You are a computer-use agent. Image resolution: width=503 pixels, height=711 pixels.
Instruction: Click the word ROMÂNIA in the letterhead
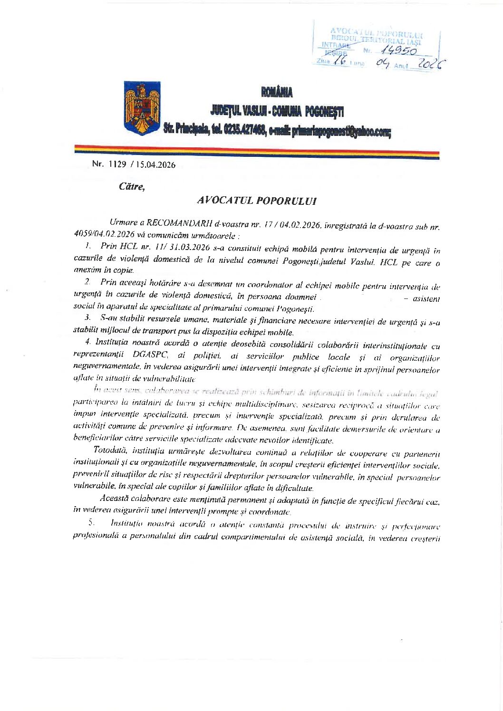[x=276, y=92]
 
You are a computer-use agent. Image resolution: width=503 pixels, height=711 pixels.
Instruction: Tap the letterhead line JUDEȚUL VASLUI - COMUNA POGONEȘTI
[x=277, y=111]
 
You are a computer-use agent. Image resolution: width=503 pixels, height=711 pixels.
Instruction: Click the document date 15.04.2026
[x=155, y=165]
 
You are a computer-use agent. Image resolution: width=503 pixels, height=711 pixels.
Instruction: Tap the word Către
[x=131, y=186]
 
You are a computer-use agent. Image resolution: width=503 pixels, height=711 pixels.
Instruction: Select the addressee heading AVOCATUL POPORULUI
[x=257, y=201]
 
